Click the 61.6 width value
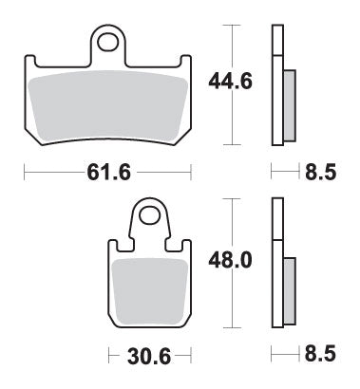coord(107,172)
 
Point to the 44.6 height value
coord(229,83)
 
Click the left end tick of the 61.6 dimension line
coord(23,172)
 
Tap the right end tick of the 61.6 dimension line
coord(194,172)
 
